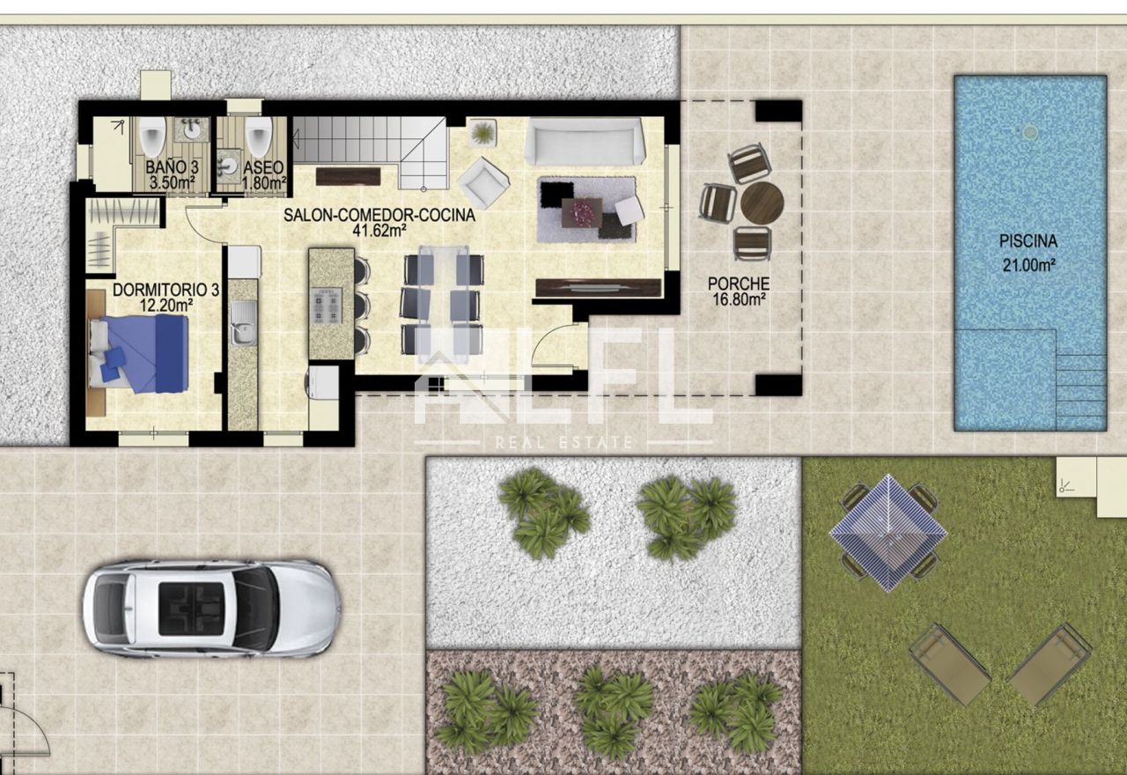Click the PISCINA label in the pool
[1028, 241]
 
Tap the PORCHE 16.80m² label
[739, 292]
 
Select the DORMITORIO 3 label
[166, 290]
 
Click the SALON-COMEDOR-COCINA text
[379, 215]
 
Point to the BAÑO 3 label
[172, 167]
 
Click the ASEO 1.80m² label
[263, 175]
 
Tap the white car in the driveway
[212, 609]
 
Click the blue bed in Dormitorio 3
[139, 353]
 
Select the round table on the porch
[762, 203]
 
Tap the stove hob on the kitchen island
[327, 306]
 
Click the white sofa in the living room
[586, 141]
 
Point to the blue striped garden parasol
[888, 533]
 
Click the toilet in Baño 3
[152, 136]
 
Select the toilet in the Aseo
[259, 136]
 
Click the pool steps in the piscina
[1080, 392]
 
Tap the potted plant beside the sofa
[483, 133]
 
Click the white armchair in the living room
[483, 183]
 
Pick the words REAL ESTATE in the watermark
[563, 443]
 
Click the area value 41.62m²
[379, 231]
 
